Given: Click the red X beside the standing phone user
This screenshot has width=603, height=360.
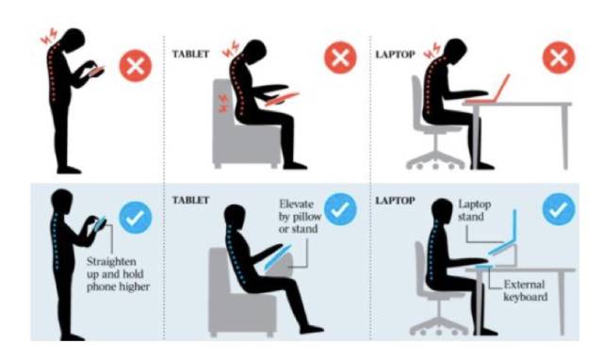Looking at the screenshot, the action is [x=136, y=65].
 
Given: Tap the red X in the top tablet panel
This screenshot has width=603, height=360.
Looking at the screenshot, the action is [x=340, y=57].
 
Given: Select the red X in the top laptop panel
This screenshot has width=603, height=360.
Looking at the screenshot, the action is [x=559, y=58].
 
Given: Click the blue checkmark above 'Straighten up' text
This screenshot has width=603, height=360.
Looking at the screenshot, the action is [x=136, y=218].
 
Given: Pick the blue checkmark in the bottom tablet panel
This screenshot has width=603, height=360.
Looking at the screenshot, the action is [x=340, y=209].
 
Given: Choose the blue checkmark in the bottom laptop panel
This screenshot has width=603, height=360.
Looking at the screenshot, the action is [x=559, y=209].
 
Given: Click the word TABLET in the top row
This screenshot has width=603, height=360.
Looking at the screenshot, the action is [x=190, y=54].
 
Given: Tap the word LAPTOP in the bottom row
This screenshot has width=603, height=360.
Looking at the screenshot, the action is [x=396, y=201].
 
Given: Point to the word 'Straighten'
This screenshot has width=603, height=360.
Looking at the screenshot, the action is [x=111, y=262].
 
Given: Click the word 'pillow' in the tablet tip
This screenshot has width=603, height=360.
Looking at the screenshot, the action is [x=306, y=217].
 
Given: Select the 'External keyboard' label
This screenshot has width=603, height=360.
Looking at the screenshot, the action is [x=526, y=291].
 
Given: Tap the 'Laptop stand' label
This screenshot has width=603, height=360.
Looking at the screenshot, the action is [x=475, y=210].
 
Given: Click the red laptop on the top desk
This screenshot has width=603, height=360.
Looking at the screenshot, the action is [x=488, y=90].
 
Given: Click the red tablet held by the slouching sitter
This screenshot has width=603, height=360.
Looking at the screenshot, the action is [x=283, y=98].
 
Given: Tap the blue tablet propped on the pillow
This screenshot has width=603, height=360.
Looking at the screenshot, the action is [x=278, y=257].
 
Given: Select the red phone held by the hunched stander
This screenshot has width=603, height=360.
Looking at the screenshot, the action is [x=97, y=72].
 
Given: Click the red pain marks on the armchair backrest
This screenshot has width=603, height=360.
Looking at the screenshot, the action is [x=223, y=103].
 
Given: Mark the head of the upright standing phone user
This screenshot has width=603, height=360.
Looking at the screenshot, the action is [x=61, y=200].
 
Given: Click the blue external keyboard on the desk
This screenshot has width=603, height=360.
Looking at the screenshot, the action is [x=484, y=267].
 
